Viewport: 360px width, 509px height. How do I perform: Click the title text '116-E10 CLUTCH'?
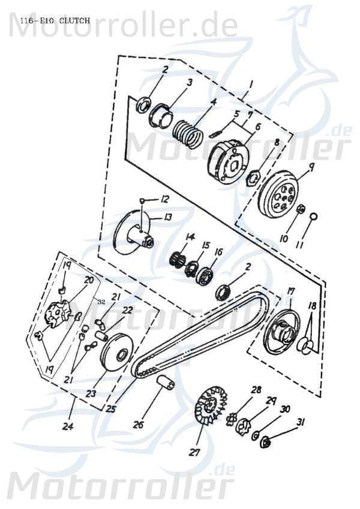tap(55, 20)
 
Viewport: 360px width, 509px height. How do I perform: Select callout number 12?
tap(164, 198)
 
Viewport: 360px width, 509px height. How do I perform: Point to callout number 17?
tap(290, 291)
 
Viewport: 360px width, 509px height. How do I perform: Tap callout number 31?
tap(301, 422)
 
